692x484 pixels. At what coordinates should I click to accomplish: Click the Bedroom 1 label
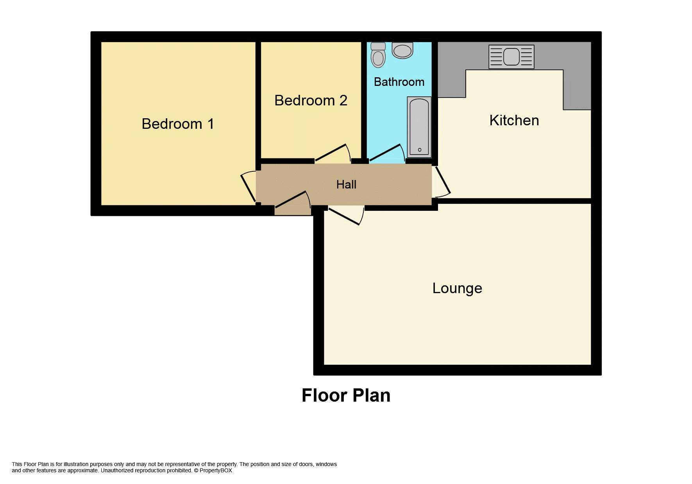(178, 124)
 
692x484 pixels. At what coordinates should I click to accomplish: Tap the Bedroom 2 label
(311, 100)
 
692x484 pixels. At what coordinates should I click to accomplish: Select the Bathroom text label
(399, 82)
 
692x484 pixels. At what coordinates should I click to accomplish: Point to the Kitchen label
(514, 120)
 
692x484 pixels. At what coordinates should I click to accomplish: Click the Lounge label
(457, 288)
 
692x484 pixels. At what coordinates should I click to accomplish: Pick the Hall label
(346, 184)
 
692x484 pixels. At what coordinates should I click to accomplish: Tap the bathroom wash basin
(402, 50)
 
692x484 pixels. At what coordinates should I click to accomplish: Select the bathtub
(419, 127)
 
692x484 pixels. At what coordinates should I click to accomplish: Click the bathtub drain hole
(420, 149)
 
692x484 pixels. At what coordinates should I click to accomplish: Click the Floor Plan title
(346, 395)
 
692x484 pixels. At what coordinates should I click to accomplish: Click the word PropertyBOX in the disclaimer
(216, 470)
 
